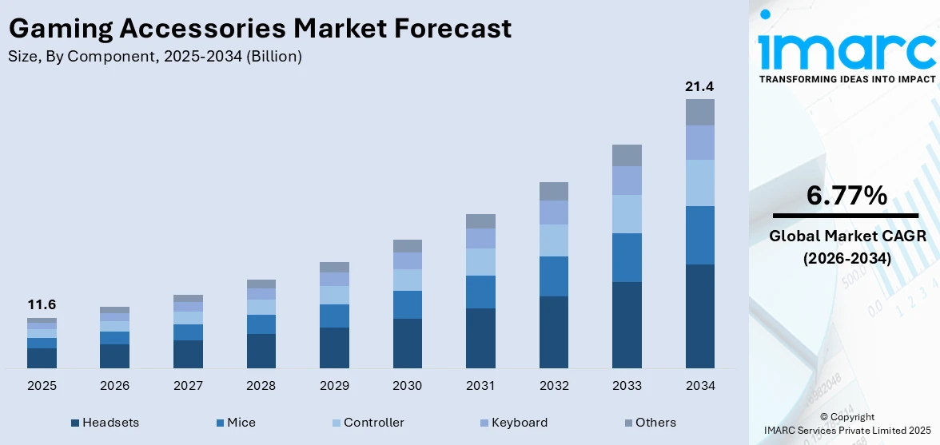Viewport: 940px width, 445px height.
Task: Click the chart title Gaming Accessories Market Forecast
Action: [260, 29]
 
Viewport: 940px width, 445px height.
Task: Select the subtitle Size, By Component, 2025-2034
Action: [154, 57]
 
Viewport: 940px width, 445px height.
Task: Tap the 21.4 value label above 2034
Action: [699, 86]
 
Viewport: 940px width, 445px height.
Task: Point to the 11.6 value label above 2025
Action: [42, 304]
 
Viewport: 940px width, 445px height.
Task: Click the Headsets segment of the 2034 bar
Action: [699, 316]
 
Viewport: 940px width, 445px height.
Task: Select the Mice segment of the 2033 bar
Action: [627, 257]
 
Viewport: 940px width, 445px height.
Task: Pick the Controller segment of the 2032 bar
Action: [553, 240]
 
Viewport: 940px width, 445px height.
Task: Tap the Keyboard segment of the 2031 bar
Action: [480, 238]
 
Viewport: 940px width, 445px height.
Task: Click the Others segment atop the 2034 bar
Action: [699, 112]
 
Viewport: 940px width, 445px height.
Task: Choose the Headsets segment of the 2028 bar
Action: [261, 351]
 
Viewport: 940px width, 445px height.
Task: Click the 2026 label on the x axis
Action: [115, 386]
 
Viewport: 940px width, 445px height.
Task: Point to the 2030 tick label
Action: [407, 386]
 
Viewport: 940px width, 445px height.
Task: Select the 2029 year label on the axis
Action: [334, 386]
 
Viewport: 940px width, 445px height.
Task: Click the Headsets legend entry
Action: [105, 423]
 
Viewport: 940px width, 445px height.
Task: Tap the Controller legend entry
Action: [368, 423]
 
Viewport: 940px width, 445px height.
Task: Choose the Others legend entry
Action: [649, 423]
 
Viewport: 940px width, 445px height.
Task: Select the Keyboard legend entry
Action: [513, 423]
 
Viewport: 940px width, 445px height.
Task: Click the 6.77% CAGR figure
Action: [846, 195]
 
